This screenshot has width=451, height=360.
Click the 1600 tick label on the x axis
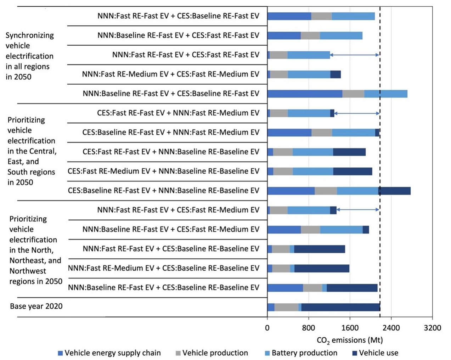click(x=350, y=328)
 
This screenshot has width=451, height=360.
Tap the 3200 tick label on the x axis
click(x=432, y=328)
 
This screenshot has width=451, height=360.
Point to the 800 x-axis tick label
click(x=309, y=328)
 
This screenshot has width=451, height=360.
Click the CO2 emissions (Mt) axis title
click(x=349, y=341)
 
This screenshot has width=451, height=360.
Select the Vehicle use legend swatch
click(x=355, y=353)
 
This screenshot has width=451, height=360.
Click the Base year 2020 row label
click(x=36, y=306)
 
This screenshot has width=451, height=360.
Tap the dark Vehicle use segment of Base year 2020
click(x=340, y=307)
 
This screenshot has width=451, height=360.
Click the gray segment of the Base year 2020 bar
click(x=286, y=307)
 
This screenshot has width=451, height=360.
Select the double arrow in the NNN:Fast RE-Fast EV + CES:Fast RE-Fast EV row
click(x=354, y=55)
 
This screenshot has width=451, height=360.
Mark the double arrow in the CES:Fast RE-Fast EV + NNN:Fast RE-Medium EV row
click(x=357, y=113)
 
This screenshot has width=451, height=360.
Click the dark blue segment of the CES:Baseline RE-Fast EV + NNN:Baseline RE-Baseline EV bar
click(x=394, y=191)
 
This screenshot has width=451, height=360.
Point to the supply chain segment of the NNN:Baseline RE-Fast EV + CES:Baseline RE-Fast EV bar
click(x=305, y=94)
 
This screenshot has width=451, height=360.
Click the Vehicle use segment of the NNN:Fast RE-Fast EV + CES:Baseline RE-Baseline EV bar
click(x=319, y=249)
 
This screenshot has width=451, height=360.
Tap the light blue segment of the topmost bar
click(x=353, y=16)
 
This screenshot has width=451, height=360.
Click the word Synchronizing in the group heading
click(x=30, y=35)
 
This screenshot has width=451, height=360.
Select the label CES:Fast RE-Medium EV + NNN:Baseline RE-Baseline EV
click(x=163, y=171)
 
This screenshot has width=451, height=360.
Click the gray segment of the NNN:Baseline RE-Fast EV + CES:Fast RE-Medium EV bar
click(x=310, y=230)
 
